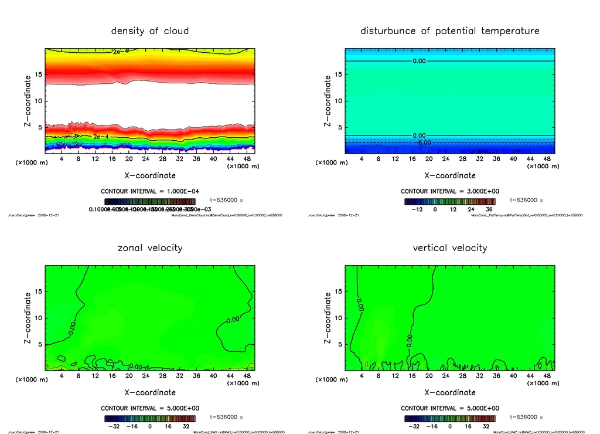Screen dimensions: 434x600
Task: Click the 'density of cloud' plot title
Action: click(150, 30)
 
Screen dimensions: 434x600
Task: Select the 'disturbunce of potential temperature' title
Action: click(450, 30)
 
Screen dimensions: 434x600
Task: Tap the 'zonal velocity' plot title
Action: click(150, 247)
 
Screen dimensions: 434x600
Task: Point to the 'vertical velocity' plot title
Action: click(450, 247)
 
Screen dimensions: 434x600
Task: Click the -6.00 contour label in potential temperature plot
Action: click(423, 142)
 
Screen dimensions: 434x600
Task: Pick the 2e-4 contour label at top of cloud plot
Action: click(121, 53)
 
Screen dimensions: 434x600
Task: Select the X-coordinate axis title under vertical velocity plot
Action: click(450, 392)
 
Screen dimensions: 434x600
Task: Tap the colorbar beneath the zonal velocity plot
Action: click(150, 419)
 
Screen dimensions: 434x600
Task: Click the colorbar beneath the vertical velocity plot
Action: click(450, 419)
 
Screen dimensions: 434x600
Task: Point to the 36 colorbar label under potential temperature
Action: click(489, 209)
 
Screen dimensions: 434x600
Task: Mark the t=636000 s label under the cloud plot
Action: click(226, 199)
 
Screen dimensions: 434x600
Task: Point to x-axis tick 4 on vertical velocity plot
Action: click(362, 376)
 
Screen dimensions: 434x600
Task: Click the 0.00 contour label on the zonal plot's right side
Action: click(233, 320)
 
